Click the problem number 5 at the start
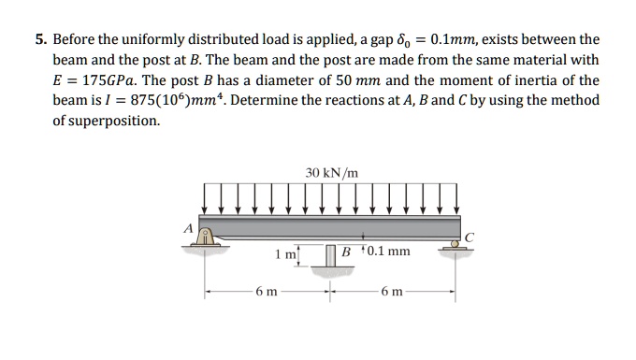(40, 41)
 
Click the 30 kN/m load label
(331, 172)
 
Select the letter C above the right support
(470, 237)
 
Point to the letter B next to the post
(347, 252)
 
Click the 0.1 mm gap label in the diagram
(388, 252)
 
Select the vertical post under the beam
(330, 253)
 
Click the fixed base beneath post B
(330, 268)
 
